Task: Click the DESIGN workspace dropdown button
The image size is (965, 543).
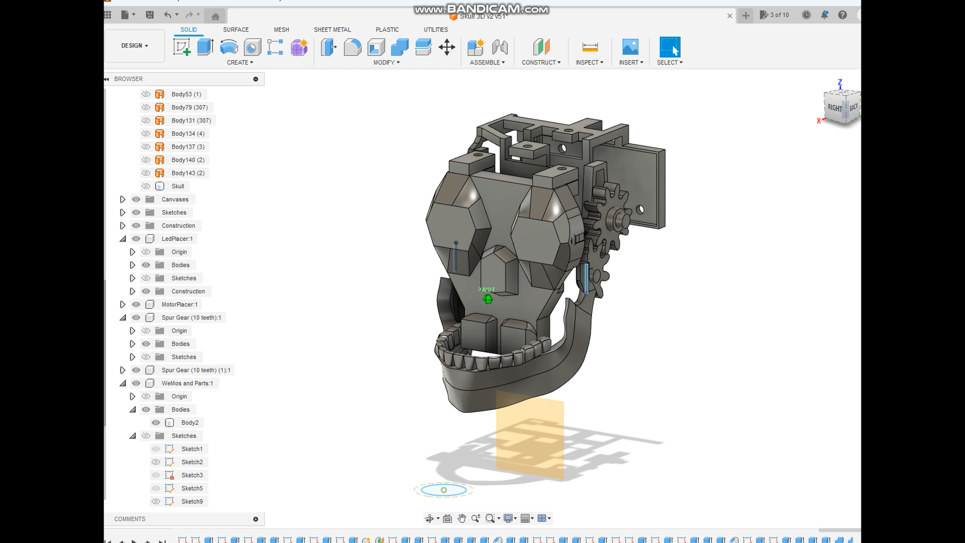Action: [134, 46]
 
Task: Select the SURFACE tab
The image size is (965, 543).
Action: [236, 30]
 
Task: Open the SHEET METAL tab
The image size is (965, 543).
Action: [332, 30]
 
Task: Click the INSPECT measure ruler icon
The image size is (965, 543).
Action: [590, 47]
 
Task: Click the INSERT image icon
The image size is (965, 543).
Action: [630, 47]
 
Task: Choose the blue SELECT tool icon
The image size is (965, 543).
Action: [669, 47]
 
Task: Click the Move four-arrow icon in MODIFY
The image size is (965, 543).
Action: [446, 48]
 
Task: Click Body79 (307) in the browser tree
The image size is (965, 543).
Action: [189, 108]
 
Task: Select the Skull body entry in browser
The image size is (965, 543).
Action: [177, 186]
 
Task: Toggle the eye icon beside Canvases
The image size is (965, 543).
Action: [136, 200]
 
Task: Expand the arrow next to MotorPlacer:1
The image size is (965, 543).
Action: [123, 305]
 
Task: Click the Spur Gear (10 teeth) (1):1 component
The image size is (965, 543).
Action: [196, 370]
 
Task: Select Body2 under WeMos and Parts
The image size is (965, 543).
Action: [189, 423]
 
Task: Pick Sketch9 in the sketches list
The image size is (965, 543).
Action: [192, 502]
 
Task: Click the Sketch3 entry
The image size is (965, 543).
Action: [192, 475]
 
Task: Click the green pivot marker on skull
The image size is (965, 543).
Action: [488, 300]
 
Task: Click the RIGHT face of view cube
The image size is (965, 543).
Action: [835, 108]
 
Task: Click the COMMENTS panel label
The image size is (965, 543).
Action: [130, 519]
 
